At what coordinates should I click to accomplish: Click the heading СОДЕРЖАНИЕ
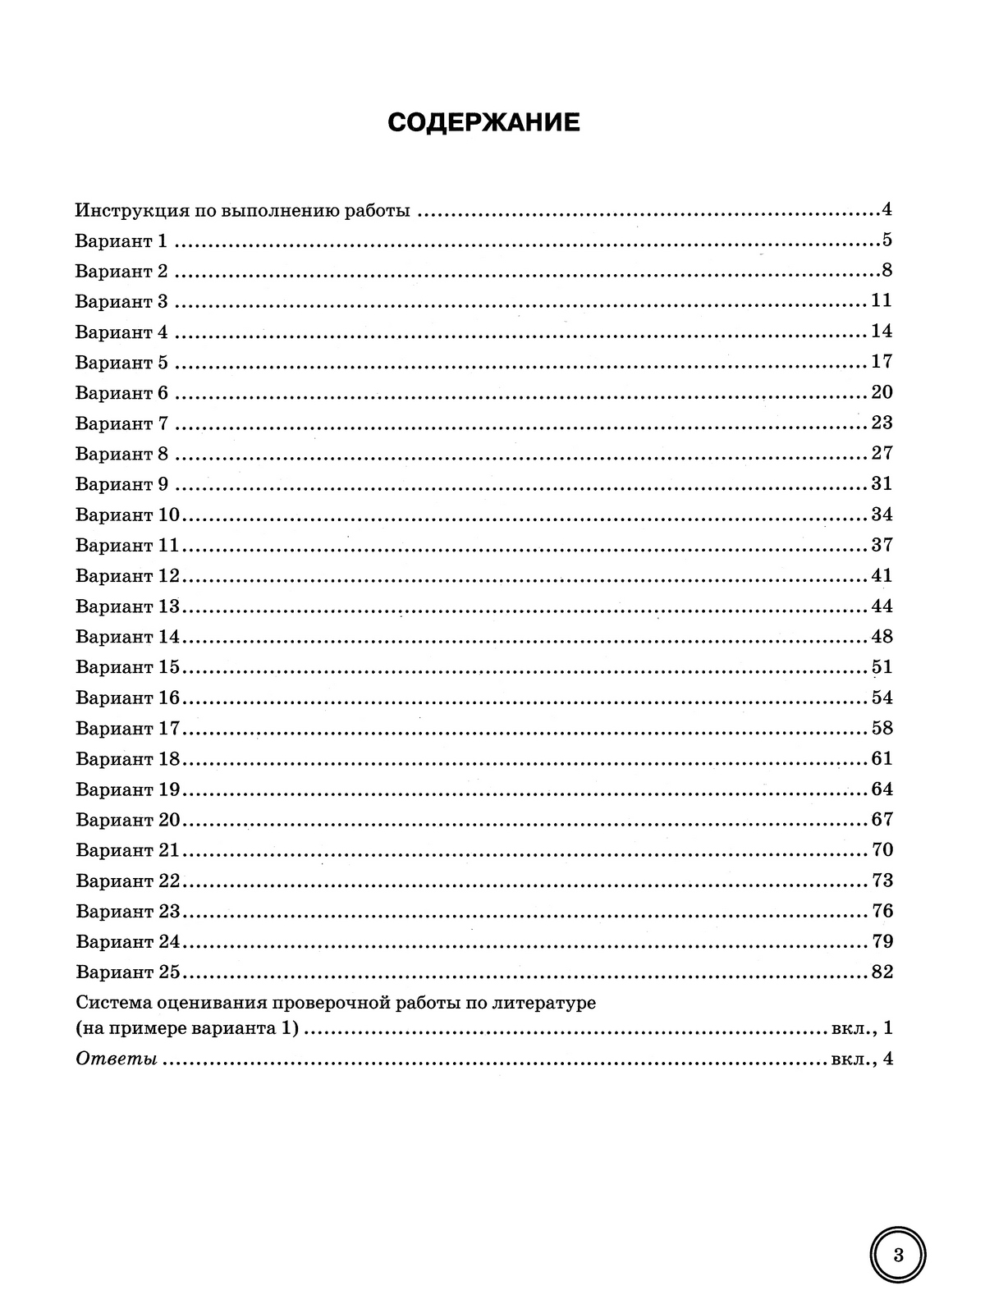483,123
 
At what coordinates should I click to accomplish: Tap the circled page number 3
897,1256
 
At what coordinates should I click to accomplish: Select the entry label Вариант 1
121,240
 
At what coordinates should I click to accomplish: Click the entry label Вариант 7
121,423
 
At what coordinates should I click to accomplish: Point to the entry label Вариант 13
127,606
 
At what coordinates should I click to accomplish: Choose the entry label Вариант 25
127,972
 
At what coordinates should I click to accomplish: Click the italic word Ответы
117,1059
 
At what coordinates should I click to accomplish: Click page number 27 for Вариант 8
882,453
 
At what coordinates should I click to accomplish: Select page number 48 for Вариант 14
882,636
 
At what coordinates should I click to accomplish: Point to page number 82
882,972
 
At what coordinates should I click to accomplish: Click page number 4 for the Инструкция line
886,209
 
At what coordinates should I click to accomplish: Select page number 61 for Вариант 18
882,758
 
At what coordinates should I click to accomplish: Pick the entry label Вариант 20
127,820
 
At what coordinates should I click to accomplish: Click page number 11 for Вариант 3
882,300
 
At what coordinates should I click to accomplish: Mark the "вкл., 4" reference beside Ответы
861,1059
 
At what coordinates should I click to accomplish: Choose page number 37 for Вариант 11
882,545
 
